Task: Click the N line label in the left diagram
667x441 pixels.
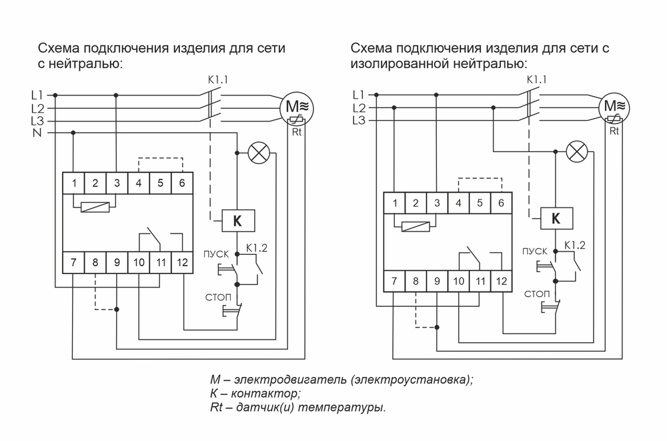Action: pos(37,133)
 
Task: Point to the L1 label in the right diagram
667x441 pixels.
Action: pos(358,94)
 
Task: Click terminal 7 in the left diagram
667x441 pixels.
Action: pos(74,263)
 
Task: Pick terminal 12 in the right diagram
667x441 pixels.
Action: pos(500,282)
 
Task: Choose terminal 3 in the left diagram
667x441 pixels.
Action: pos(117,183)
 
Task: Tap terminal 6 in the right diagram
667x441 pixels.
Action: pos(500,203)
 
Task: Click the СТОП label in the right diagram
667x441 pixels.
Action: pos(537,294)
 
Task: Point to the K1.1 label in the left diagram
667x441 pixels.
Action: pos(218,80)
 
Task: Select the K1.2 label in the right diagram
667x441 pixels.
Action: pos(574,246)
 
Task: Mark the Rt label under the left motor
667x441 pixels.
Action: pos(297,132)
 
